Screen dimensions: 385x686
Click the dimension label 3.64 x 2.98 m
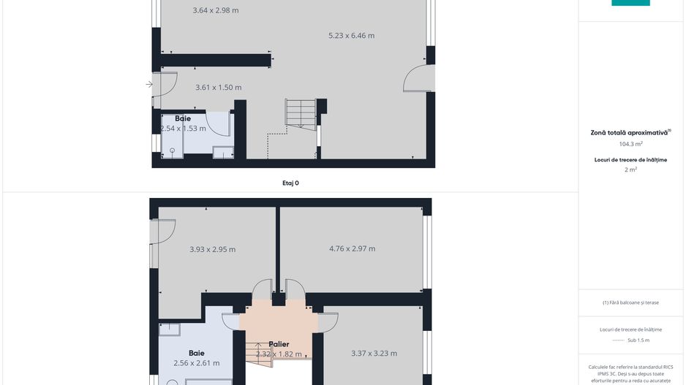coord(216,10)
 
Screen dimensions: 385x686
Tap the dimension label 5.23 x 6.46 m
coord(352,35)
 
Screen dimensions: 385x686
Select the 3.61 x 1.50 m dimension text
coord(219,87)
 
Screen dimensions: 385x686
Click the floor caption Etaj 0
coord(291,183)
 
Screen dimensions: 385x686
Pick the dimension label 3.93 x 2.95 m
coord(212,249)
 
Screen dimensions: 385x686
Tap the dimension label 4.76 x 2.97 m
coord(352,248)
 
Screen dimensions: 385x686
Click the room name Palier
coord(279,344)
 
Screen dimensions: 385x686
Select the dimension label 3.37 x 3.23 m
coord(374,354)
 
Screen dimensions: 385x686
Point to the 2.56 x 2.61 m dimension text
coord(196,363)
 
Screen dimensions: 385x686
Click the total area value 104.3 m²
coord(630,144)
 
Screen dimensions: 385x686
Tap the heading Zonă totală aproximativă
coord(630,133)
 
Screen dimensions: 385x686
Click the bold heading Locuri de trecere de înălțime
coord(630,159)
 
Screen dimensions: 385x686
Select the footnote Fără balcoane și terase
coord(630,302)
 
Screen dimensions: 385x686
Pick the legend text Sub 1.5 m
coord(638,340)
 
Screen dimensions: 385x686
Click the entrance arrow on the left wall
coord(149,85)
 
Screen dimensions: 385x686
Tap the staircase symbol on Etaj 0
coord(300,113)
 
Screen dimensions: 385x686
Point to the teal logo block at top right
coord(630,3)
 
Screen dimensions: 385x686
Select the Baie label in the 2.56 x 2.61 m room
coord(196,353)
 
